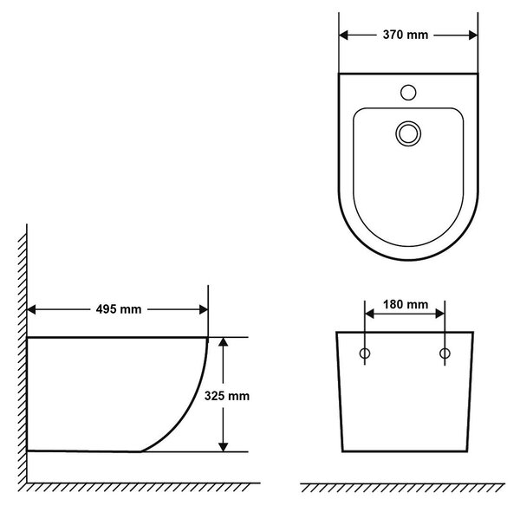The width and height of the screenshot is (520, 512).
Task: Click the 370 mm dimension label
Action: tap(406, 35)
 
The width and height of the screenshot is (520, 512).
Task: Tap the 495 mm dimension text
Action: tap(119, 309)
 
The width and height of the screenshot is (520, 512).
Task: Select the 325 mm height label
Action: tap(227, 396)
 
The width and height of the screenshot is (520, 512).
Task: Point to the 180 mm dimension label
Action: tap(406, 304)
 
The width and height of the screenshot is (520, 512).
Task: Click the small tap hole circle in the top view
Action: tap(408, 93)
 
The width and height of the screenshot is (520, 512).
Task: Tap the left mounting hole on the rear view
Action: tap(365, 353)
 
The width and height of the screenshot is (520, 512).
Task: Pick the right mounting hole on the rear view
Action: tap(445, 353)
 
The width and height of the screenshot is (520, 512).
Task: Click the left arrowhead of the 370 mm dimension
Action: tap(343, 36)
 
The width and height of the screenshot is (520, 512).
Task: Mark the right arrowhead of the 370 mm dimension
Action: tap(473, 36)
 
